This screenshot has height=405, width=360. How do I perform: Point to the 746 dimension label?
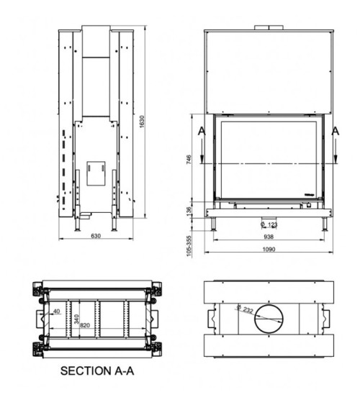(189, 160)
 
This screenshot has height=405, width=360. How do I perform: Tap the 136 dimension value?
(189, 210)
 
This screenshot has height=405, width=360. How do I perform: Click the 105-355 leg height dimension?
(189, 244)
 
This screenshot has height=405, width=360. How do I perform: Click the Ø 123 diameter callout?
(269, 224)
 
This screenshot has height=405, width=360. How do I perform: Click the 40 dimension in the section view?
(56, 311)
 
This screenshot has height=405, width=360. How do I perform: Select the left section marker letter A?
(201, 132)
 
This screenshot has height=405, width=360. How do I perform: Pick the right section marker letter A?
(335, 132)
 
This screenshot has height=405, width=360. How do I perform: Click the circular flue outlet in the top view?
(267, 317)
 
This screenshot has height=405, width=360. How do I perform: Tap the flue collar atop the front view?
(268, 28)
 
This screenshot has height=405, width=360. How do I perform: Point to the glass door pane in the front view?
(267, 160)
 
